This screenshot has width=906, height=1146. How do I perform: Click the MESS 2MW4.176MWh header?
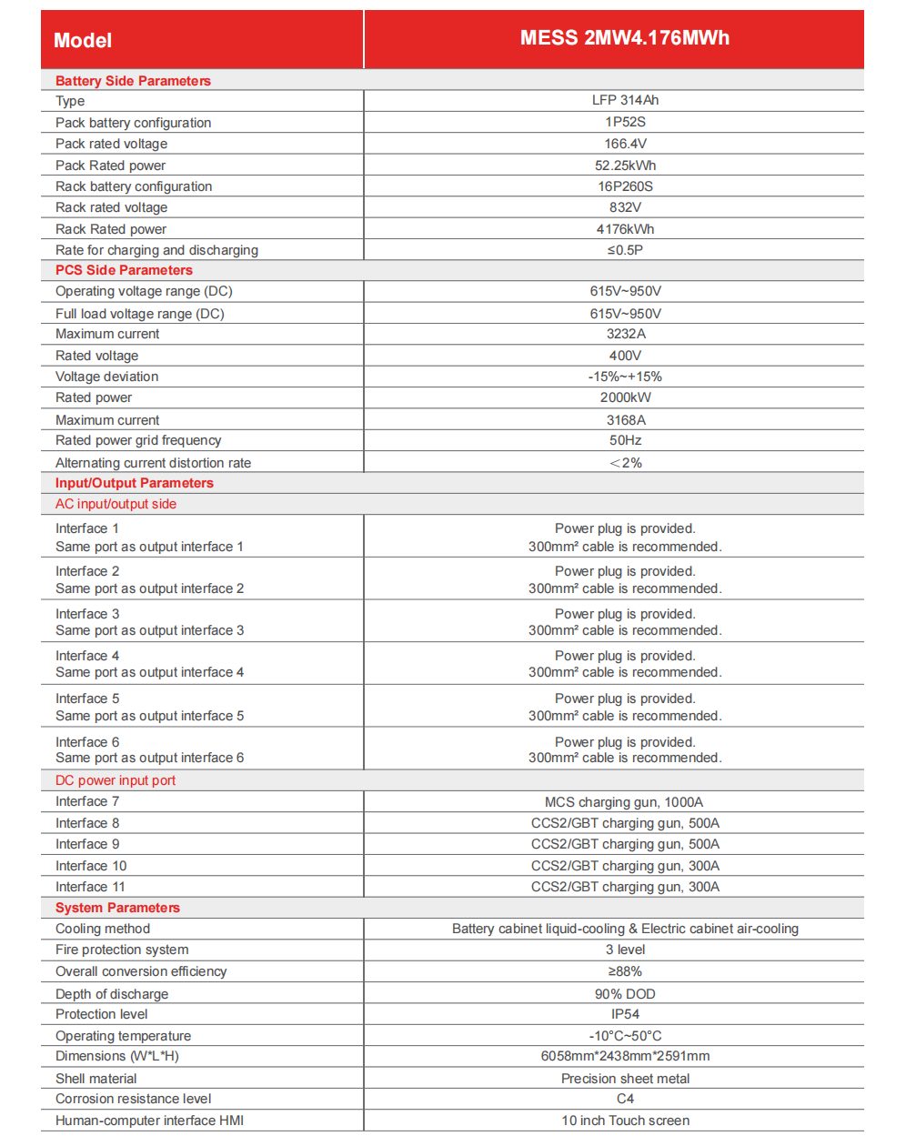tap(624, 38)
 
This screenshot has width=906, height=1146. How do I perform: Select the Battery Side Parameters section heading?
tap(133, 81)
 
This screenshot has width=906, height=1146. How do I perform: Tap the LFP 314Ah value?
tap(625, 100)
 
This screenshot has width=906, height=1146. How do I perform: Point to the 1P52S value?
tap(625, 122)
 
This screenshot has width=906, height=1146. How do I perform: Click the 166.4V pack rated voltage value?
tap(625, 144)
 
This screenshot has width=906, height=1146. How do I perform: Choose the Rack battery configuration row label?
tap(134, 186)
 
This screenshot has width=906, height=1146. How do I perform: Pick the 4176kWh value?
tap(625, 229)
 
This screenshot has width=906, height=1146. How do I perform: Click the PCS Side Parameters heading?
tap(124, 270)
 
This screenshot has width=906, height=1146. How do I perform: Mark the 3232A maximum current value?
tap(625, 334)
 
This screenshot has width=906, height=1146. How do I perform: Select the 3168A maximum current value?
tap(625, 420)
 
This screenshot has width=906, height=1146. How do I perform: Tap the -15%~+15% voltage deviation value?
tap(625, 377)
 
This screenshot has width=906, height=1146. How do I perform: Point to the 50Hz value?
tap(625, 440)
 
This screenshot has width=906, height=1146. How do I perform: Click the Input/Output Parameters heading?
tap(134, 483)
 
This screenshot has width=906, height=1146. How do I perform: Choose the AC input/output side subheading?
tap(116, 504)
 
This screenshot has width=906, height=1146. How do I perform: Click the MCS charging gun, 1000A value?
tap(624, 802)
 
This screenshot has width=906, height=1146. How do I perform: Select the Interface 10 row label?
tap(91, 866)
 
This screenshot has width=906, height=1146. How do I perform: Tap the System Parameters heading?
tap(117, 908)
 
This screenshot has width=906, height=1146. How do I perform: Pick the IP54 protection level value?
tap(625, 1014)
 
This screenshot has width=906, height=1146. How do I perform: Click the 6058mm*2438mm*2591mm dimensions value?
tap(625, 1056)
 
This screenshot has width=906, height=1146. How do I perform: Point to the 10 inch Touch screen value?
tap(625, 1121)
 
